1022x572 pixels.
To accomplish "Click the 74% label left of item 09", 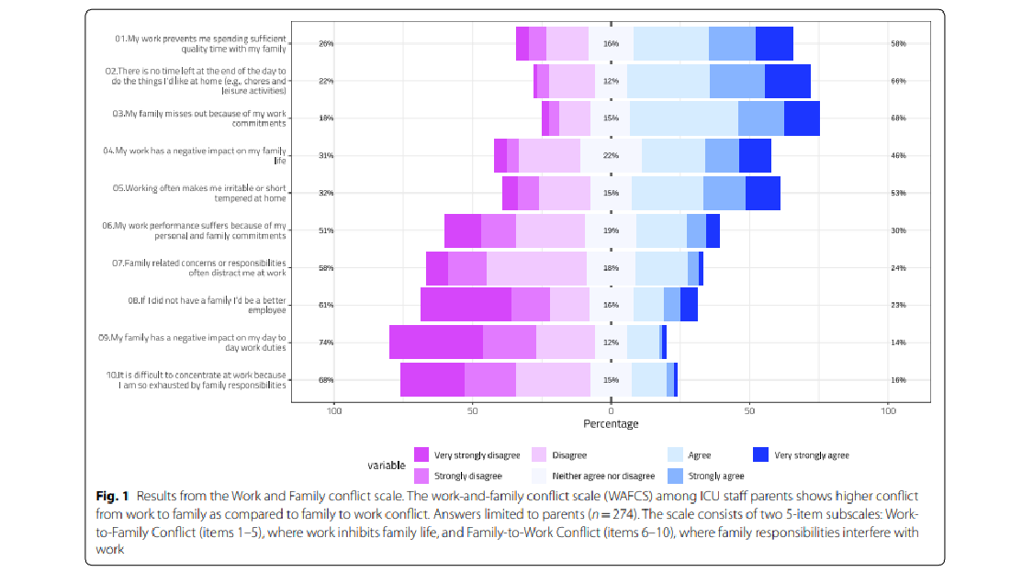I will tap(325, 342).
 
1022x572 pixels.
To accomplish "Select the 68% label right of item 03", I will tap(898, 118).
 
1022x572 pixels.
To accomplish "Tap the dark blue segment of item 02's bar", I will tap(787, 81).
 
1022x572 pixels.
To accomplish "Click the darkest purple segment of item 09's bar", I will tap(435, 342).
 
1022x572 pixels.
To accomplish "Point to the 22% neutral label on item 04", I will tap(611, 156).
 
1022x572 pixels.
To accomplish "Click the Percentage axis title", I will tap(611, 424).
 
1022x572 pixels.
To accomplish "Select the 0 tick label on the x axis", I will tap(611, 410).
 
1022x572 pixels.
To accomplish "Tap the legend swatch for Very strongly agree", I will tap(760, 455).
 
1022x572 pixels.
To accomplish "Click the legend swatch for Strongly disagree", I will tap(421, 476).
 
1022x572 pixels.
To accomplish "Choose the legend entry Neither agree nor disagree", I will tap(602, 477).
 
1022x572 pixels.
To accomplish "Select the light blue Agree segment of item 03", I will tap(683, 118).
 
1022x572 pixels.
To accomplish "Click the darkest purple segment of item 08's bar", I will tap(466, 304).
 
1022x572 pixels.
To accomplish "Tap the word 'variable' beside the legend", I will tap(387, 465).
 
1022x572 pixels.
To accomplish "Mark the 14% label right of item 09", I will tap(898, 342).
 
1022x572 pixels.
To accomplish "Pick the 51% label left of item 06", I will tap(325, 230).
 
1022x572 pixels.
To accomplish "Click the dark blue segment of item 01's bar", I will tap(774, 43).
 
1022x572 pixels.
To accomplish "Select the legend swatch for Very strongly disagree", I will tap(421, 455).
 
